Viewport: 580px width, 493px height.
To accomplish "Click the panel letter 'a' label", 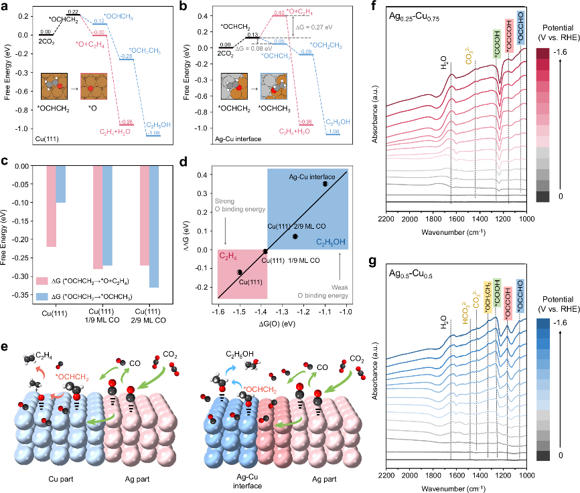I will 5,6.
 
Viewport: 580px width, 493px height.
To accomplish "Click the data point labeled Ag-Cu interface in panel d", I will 325,183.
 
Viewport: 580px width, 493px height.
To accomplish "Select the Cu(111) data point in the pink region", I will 239,272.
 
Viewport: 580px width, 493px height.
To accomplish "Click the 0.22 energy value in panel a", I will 72,12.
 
